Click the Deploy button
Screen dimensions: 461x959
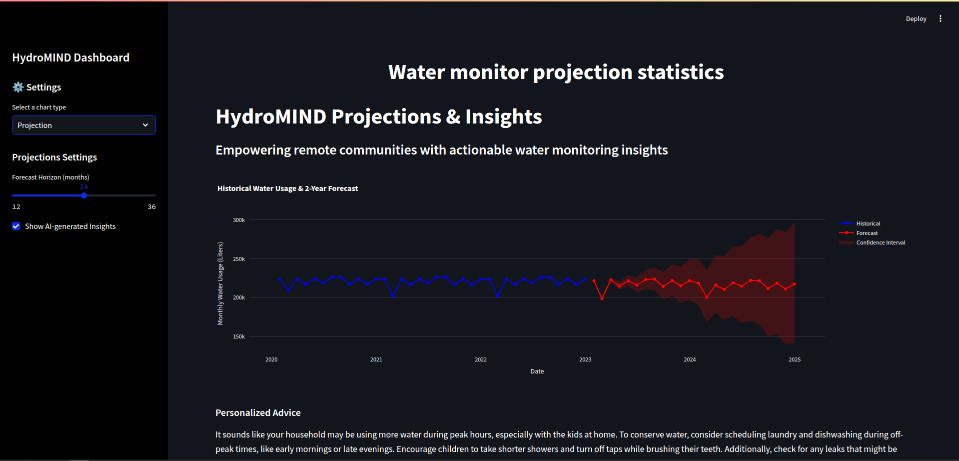pyautogui.click(x=916, y=19)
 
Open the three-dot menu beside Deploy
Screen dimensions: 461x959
pyautogui.click(x=940, y=19)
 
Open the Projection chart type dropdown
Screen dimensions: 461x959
pyautogui.click(x=84, y=125)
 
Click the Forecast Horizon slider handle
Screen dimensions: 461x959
pyautogui.click(x=84, y=195)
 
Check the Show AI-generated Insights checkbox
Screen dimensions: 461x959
pyautogui.click(x=16, y=226)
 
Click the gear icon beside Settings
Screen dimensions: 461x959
pyautogui.click(x=18, y=87)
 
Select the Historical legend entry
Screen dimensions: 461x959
pyautogui.click(x=868, y=223)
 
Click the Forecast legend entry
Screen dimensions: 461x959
pyautogui.click(x=867, y=233)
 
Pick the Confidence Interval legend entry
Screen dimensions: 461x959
pyautogui.click(x=880, y=242)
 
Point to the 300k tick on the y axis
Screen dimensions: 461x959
pyautogui.click(x=239, y=220)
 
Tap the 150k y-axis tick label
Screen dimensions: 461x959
pyautogui.click(x=239, y=336)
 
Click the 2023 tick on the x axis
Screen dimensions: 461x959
pyautogui.click(x=585, y=359)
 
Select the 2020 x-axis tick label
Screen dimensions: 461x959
pyautogui.click(x=271, y=359)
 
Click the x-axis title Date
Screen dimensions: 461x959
pyautogui.click(x=537, y=371)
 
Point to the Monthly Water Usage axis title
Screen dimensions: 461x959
pyautogui.click(x=220, y=283)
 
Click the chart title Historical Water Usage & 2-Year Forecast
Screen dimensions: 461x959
pyautogui.click(x=287, y=188)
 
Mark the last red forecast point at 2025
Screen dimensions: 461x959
pyautogui.click(x=794, y=284)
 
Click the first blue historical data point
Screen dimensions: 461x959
pyautogui.click(x=280, y=279)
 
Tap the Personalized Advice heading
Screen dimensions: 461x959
pyautogui.click(x=258, y=413)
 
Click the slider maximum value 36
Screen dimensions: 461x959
pyautogui.click(x=151, y=207)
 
